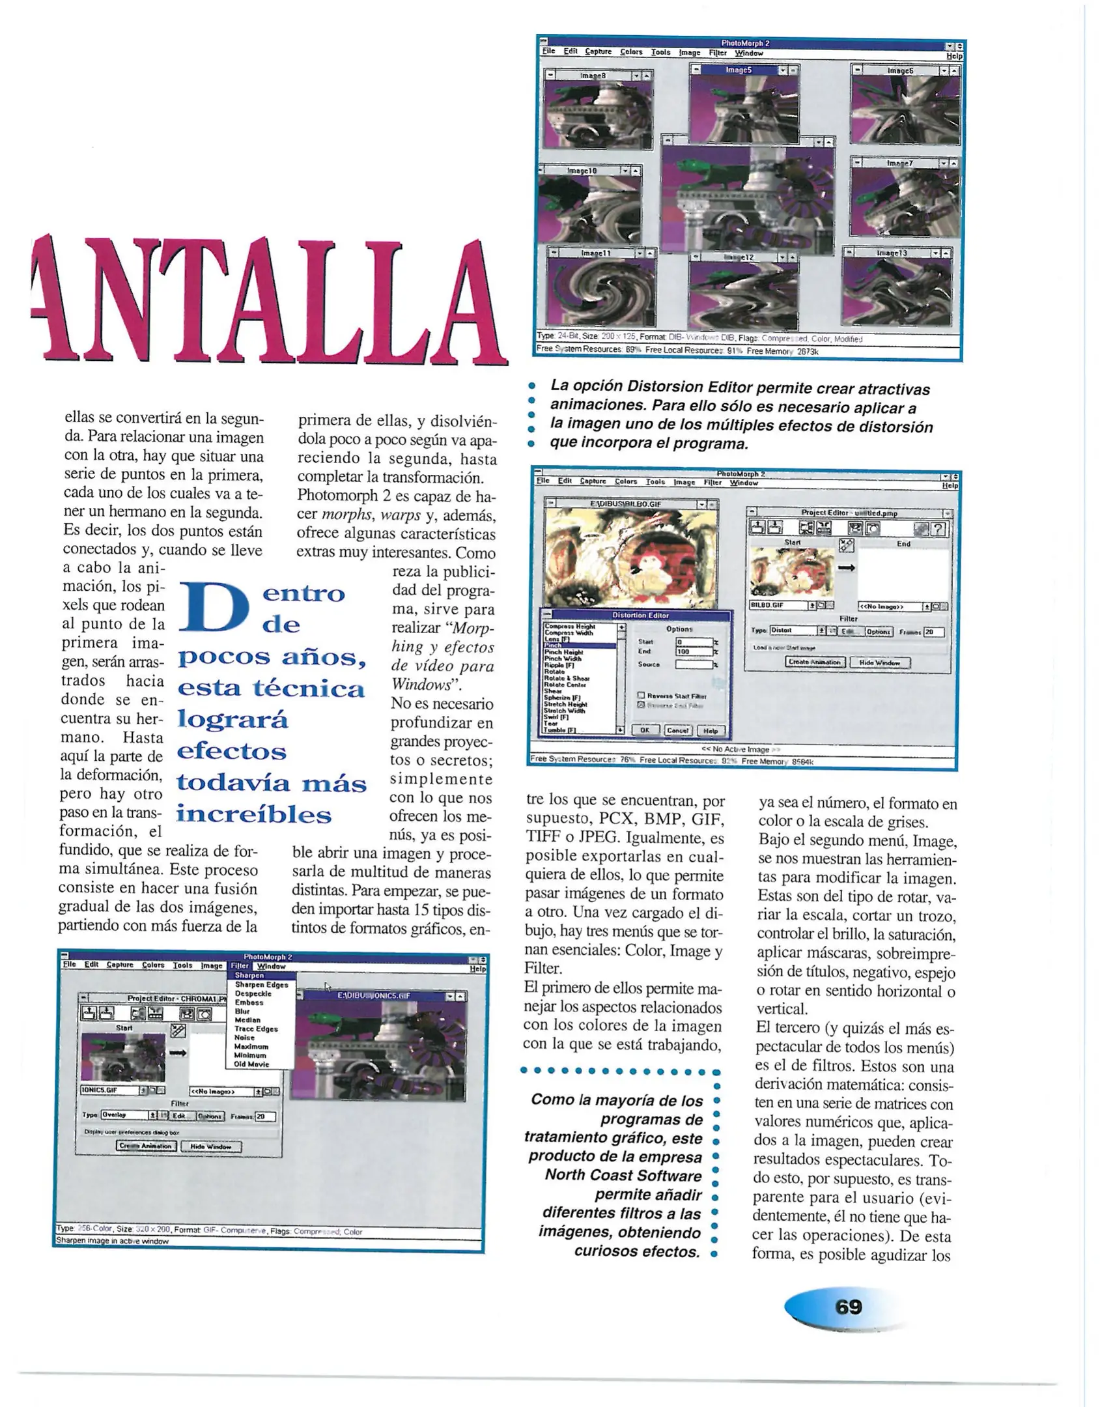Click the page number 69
(848, 1307)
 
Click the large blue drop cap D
(214, 607)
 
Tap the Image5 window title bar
(739, 70)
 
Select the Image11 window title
(595, 253)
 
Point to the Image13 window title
(892, 253)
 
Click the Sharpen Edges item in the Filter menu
(261, 984)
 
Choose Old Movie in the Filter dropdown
(251, 1064)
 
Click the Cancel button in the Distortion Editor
(677, 730)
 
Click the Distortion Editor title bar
(640, 615)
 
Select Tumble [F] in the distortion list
(560, 730)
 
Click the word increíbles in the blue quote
(254, 814)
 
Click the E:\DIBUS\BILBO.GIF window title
(625, 504)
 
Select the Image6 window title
(900, 70)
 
